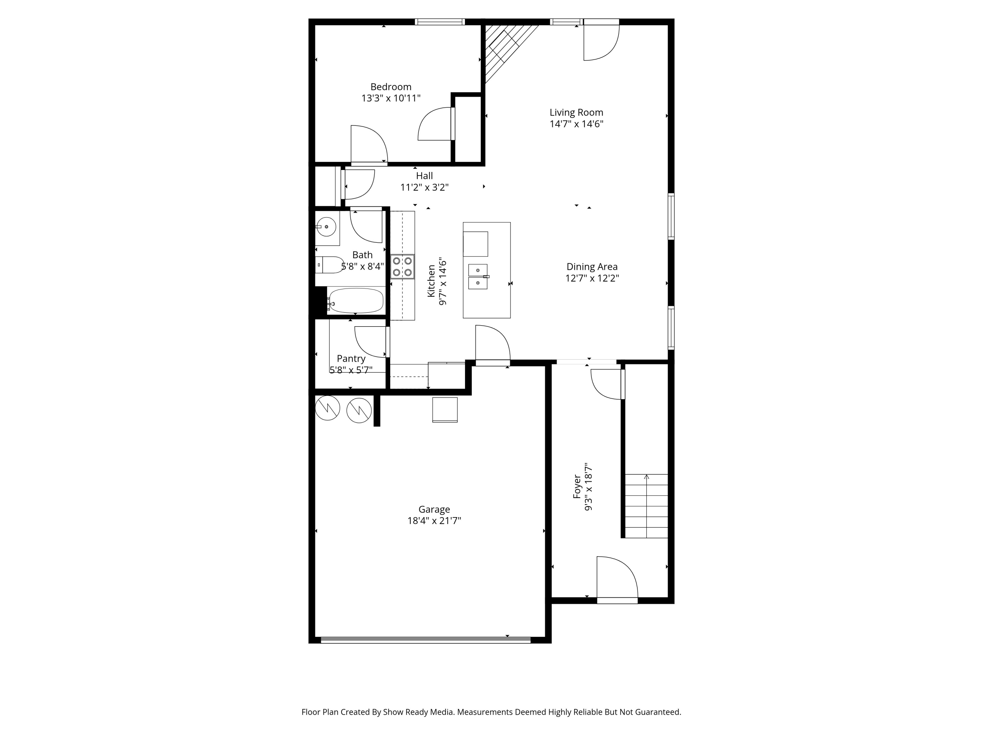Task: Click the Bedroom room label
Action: coord(391,86)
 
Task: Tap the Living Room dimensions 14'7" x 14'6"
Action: coord(576,124)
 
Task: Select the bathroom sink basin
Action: coord(327,227)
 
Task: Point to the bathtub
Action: coord(356,301)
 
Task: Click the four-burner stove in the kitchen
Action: coord(402,267)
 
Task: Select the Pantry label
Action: coord(351,358)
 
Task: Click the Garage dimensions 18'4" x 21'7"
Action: coord(434,521)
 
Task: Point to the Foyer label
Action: coord(577,486)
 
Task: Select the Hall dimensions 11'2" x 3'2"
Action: coord(424,187)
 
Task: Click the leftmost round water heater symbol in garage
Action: coord(328,408)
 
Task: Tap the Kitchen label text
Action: coord(431,281)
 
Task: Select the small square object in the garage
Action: coord(445,409)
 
